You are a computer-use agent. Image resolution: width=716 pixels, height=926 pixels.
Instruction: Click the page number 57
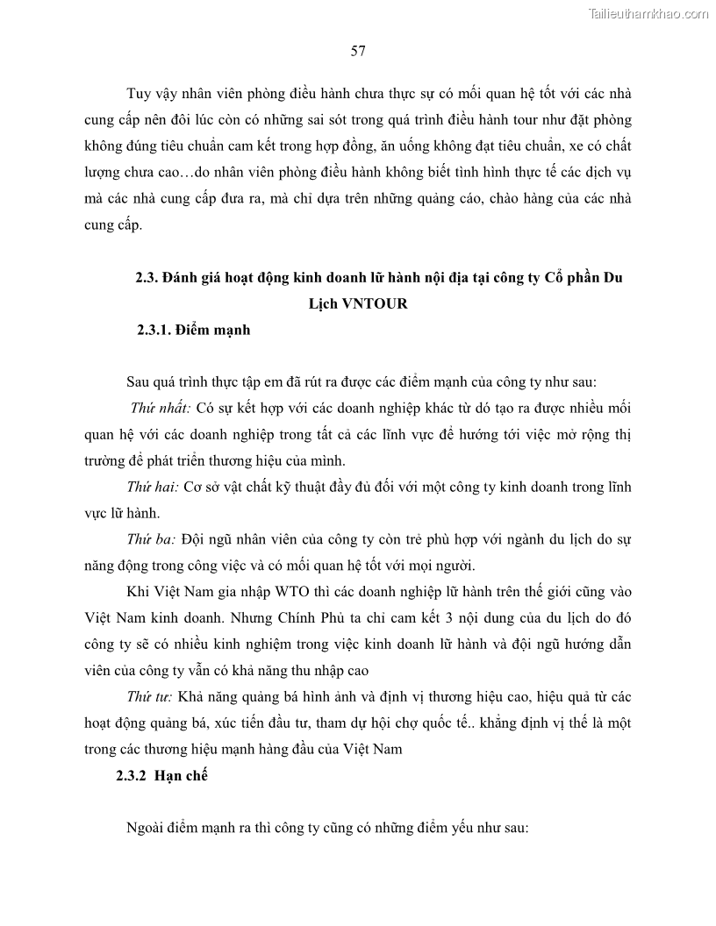pyautogui.click(x=358, y=50)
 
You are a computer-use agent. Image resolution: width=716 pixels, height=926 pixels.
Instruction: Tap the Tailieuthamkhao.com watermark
pyautogui.click(x=649, y=13)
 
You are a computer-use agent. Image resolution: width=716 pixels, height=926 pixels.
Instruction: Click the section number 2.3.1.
pyautogui.click(x=154, y=331)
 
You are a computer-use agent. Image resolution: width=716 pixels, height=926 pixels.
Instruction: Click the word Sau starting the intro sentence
pyautogui.click(x=140, y=382)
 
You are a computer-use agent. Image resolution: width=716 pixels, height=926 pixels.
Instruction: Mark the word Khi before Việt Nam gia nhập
pyautogui.click(x=140, y=591)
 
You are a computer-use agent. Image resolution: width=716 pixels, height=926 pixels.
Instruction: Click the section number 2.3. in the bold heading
pyautogui.click(x=146, y=279)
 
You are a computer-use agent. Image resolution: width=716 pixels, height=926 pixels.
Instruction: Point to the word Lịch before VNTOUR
pyautogui.click(x=319, y=304)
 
